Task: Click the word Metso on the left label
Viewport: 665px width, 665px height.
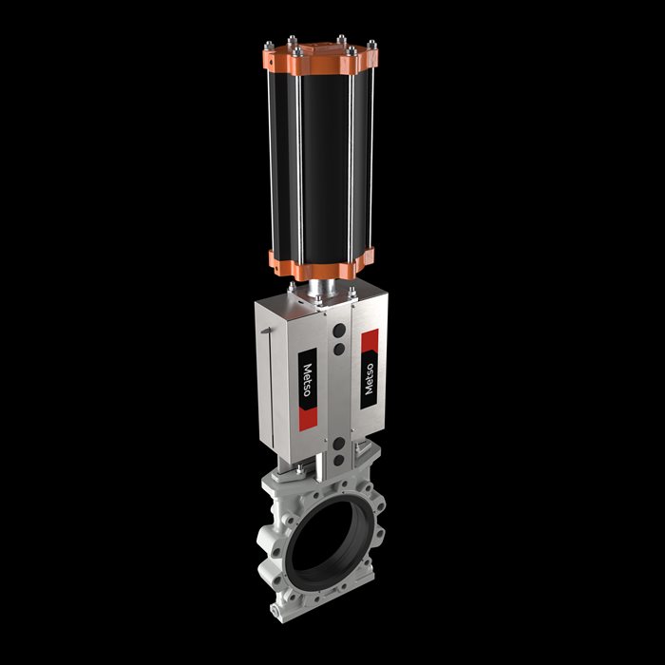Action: coord(307,380)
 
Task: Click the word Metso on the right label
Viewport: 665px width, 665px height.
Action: coord(370,379)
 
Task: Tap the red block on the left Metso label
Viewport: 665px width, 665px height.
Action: coord(309,420)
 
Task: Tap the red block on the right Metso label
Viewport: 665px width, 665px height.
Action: coord(370,340)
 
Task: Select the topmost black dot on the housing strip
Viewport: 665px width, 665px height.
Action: coord(339,331)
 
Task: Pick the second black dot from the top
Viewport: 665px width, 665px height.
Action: coord(339,349)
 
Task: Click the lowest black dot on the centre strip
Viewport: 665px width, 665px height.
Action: coord(339,460)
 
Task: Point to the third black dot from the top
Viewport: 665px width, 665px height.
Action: coord(339,444)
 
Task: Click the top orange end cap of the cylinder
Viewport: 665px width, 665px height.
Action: coord(320,58)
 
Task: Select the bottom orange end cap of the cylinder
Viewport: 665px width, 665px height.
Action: coord(321,264)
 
